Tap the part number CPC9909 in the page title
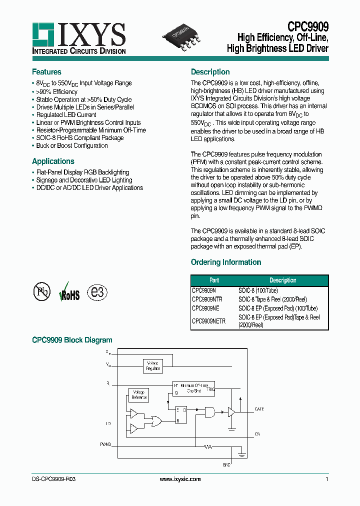[308, 26]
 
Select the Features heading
[46, 72]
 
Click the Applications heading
[53, 161]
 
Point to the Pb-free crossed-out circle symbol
[42, 292]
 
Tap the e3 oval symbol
[97, 292]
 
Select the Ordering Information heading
[226, 262]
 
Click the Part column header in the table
[214, 280]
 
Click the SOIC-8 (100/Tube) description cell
[258, 290]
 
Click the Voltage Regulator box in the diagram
[153, 366]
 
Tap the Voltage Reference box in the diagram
[138, 395]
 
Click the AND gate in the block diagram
[210, 412]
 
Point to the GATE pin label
[259, 409]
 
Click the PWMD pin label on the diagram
[105, 444]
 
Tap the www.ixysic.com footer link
[180, 479]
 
